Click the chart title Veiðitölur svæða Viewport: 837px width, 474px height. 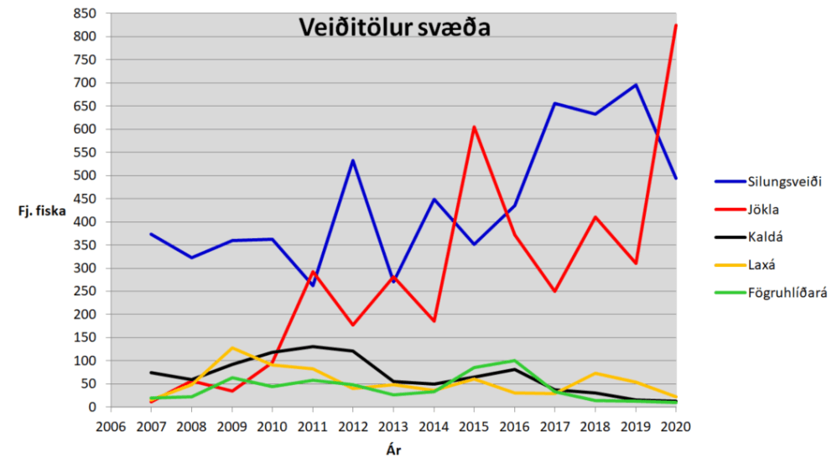(395, 27)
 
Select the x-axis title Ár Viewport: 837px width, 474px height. (393, 451)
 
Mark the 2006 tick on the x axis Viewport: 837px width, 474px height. (110, 426)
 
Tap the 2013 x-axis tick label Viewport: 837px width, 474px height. (393, 426)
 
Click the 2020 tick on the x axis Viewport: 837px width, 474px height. (676, 426)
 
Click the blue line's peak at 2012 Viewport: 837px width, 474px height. (353, 160)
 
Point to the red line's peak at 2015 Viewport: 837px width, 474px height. (474, 127)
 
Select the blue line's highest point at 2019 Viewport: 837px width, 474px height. (636, 85)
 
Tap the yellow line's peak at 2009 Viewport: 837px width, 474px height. (231, 347)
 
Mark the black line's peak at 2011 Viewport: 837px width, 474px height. (312, 346)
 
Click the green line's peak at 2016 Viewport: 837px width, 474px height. (514, 361)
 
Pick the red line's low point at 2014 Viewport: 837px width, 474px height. (434, 321)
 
